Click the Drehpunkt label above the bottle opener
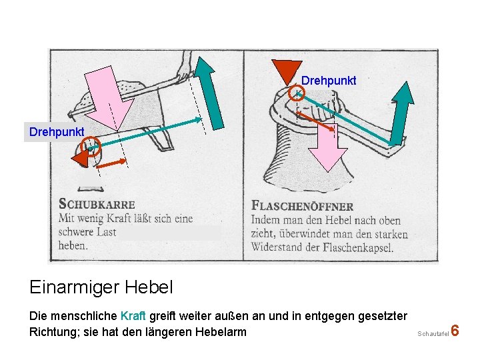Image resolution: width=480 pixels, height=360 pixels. [329, 81]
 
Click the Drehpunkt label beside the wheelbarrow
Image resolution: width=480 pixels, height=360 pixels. [57, 131]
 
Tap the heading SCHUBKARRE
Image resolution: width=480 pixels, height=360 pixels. [97, 204]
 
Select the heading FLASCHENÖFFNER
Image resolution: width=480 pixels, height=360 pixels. [303, 205]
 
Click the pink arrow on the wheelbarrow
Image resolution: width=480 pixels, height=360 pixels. [116, 93]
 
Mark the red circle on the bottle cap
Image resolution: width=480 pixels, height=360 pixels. [297, 95]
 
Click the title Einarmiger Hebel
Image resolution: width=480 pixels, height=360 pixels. [101, 287]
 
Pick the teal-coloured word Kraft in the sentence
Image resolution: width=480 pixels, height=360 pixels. [133, 315]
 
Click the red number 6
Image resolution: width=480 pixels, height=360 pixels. [455, 331]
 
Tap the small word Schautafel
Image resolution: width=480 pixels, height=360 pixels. [433, 333]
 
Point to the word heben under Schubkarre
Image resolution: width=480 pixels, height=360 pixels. [73, 245]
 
